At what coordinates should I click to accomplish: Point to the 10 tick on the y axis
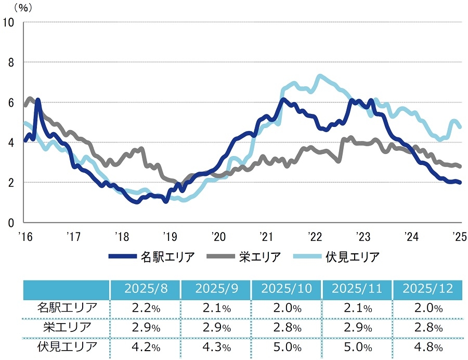[x=8, y=22]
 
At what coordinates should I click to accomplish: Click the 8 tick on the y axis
[x=10, y=62]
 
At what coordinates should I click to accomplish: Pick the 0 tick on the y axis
[x=10, y=222]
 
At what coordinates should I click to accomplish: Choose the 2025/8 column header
[x=145, y=289]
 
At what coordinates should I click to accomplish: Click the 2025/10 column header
[x=286, y=289]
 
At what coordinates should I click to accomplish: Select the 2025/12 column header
[x=428, y=289]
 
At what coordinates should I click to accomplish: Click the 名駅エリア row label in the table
[x=67, y=307]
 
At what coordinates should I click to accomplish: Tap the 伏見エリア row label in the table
[x=67, y=347]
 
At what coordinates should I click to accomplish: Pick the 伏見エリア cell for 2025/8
[x=145, y=347]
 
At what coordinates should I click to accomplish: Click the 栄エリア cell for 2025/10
[x=286, y=327]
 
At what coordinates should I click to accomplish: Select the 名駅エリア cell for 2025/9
[x=216, y=307]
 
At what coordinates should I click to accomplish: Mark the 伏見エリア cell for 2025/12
[x=428, y=347]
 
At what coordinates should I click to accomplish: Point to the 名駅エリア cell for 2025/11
[x=357, y=307]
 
